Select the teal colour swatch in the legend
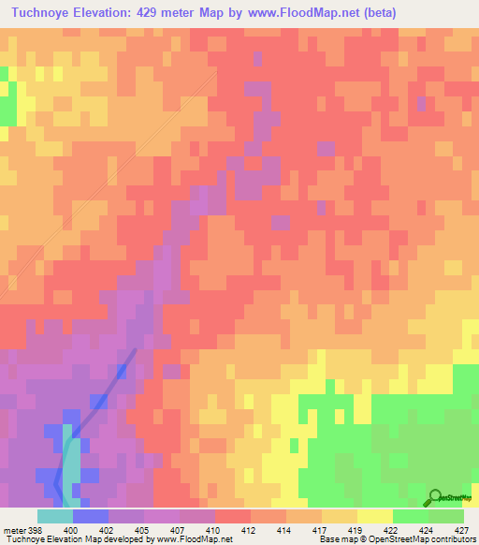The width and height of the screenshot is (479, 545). coord(54,516)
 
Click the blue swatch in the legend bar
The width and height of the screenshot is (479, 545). coord(90,516)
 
